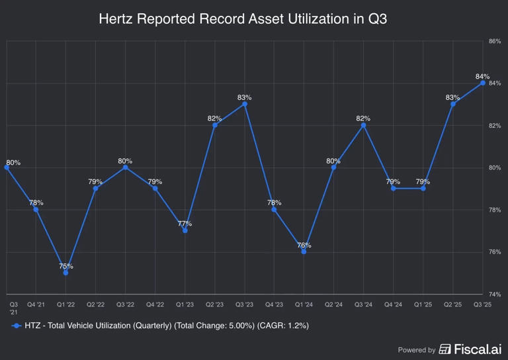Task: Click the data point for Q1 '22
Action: tap(65, 273)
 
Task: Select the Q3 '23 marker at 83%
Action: tap(245, 104)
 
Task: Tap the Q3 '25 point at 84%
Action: tap(483, 83)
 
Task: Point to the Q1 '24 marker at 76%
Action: tap(304, 251)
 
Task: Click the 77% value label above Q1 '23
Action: tap(185, 224)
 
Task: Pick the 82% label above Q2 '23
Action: tap(214, 118)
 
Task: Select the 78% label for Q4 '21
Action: tap(36, 202)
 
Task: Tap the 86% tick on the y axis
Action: tap(494, 41)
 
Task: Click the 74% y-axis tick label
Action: tap(494, 294)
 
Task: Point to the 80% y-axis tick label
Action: tap(494, 167)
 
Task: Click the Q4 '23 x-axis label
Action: tap(274, 304)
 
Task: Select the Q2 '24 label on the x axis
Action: tap(333, 304)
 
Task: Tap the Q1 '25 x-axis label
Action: tap(423, 304)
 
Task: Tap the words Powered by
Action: tap(417, 349)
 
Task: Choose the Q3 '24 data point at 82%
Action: tap(363, 125)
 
